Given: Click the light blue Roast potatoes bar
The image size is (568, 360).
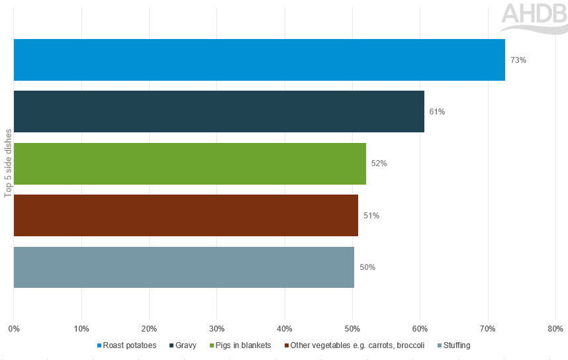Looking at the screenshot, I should tap(259, 60).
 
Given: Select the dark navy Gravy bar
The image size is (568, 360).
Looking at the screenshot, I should tap(218, 111).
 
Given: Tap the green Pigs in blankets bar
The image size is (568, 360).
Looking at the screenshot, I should tap(189, 163).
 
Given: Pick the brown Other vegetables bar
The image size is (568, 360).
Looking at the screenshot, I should tap(185, 215).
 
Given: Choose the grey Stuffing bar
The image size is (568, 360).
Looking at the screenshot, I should tap(183, 267).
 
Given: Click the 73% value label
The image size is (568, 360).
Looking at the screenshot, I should tap(518, 60).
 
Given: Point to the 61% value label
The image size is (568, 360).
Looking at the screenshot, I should tap(437, 112).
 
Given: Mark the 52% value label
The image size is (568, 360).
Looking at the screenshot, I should tap(379, 163).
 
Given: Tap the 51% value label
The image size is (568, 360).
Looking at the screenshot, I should tap(371, 216).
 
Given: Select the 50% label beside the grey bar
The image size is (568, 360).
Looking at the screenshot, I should tap(367, 267).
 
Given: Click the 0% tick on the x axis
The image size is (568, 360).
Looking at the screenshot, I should tap(14, 328).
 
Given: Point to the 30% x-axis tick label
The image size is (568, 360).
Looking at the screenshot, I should tap(217, 328).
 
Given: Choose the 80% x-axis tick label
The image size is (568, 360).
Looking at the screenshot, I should tap(555, 328).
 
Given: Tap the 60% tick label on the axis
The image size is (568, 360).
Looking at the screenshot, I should tap(420, 328).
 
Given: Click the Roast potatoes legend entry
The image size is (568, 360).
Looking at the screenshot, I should tap(130, 345).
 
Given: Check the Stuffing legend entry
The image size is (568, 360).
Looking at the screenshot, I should tap(457, 345).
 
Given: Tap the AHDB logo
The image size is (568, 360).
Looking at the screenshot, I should tap(534, 17).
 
